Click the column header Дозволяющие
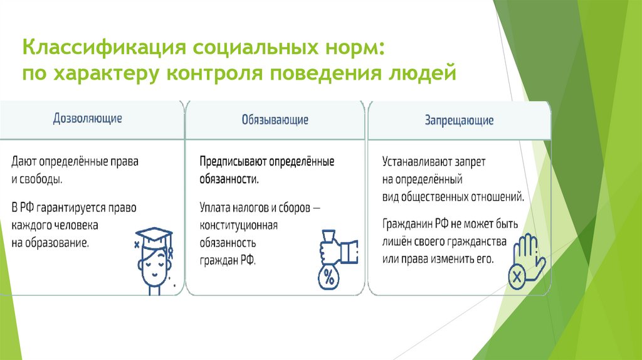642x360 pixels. coord(88,118)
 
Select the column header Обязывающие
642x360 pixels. coord(275,119)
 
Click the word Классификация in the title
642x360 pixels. coord(102,48)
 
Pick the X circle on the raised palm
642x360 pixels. coord(518,277)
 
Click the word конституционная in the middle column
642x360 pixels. coord(238,225)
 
